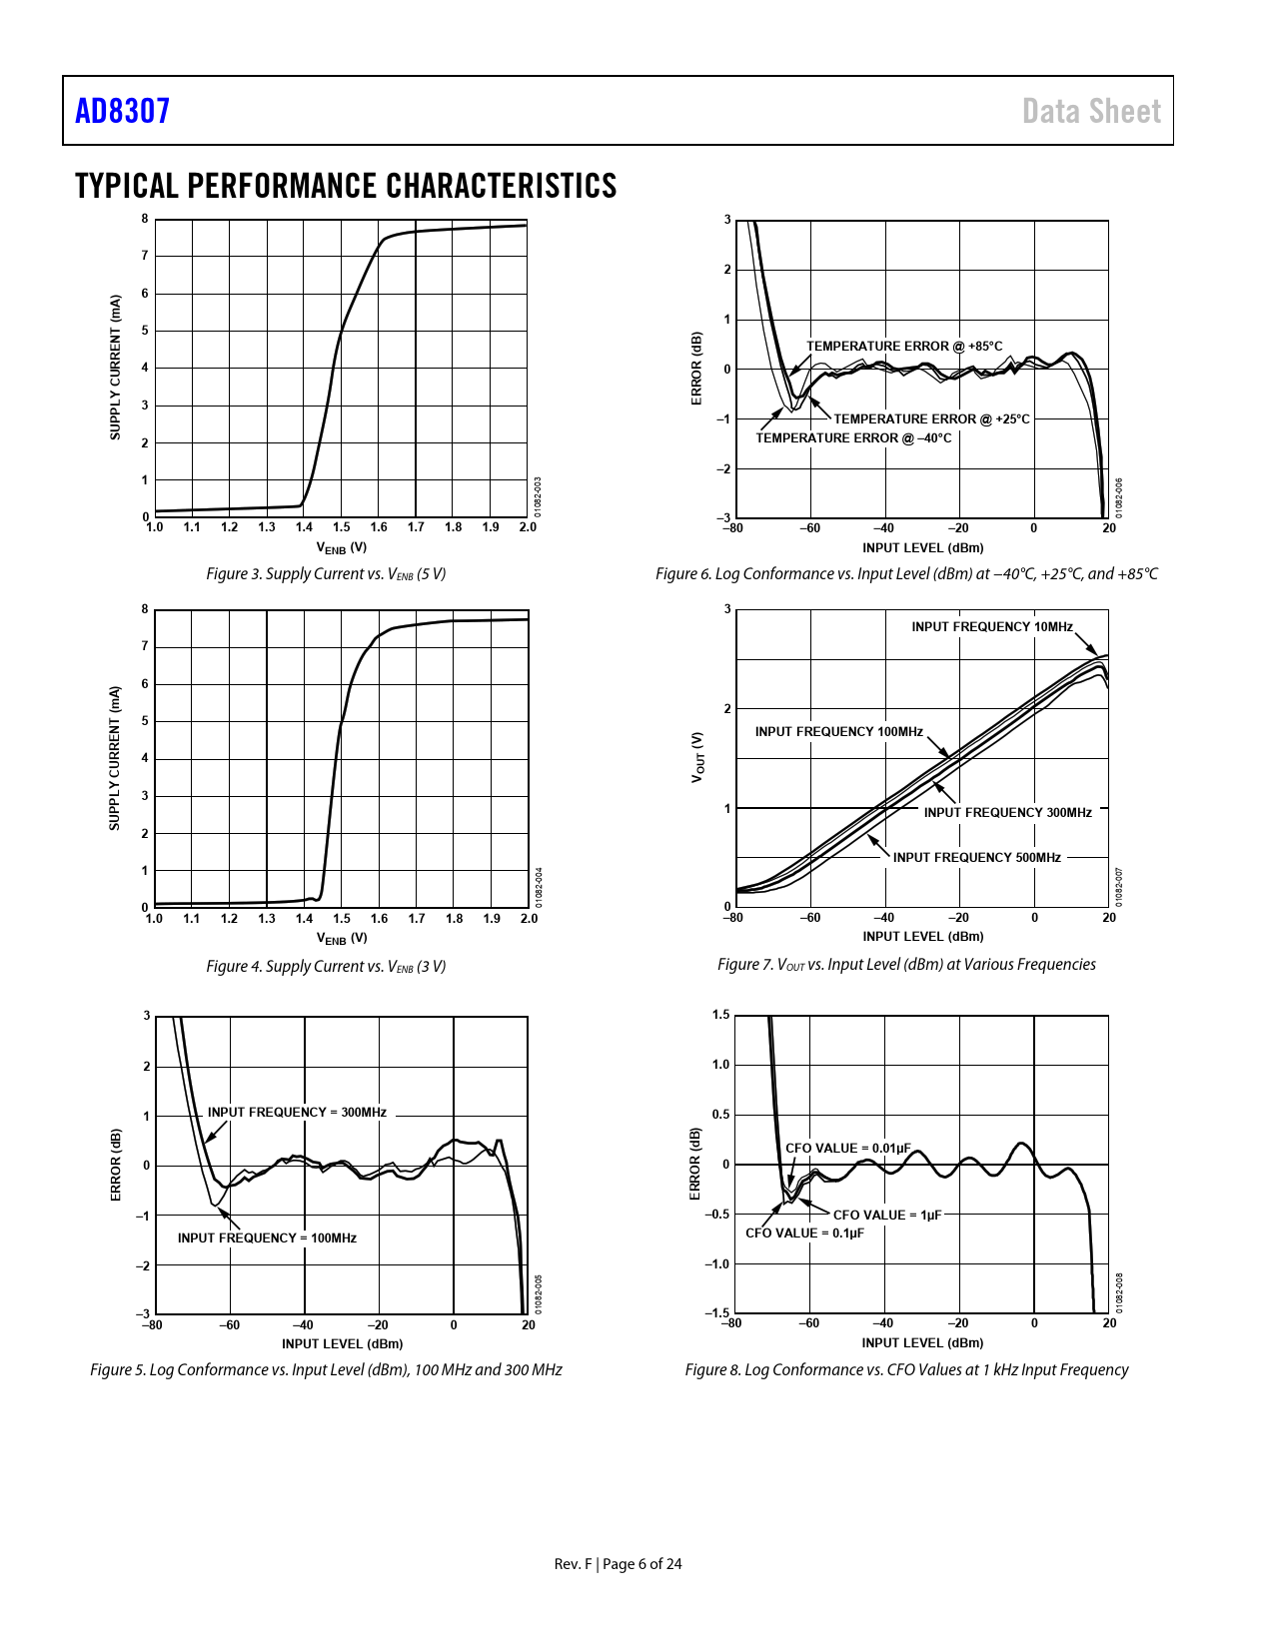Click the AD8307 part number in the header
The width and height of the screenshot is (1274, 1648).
[123, 111]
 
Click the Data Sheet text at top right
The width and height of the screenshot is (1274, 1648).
[1091, 111]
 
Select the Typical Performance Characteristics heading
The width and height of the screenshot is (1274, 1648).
[346, 186]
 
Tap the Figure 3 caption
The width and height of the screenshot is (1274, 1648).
[326, 573]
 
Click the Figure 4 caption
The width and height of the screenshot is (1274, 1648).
[326, 966]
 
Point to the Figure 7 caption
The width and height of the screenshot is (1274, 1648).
[906, 964]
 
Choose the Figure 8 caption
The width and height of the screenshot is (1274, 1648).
[906, 1369]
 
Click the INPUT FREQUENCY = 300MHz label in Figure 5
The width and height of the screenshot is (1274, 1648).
[297, 1112]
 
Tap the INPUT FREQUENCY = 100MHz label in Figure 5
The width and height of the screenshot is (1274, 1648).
[267, 1237]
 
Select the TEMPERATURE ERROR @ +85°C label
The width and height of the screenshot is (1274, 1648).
[904, 346]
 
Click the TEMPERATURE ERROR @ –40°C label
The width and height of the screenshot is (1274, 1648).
[853, 437]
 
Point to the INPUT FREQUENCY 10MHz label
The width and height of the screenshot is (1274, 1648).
[991, 626]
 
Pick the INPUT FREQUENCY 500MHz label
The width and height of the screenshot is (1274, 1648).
[976, 857]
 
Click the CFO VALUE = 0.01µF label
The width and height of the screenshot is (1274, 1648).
[847, 1148]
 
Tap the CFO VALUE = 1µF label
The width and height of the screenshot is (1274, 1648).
[887, 1215]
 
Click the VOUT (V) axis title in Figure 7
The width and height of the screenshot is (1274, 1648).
[697, 756]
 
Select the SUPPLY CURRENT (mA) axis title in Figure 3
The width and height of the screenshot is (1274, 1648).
[115, 367]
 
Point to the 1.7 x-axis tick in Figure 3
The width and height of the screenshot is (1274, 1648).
[416, 527]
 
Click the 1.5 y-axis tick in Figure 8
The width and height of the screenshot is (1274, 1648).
[720, 1015]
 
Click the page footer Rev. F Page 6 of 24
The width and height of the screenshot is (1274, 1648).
[618, 1563]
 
